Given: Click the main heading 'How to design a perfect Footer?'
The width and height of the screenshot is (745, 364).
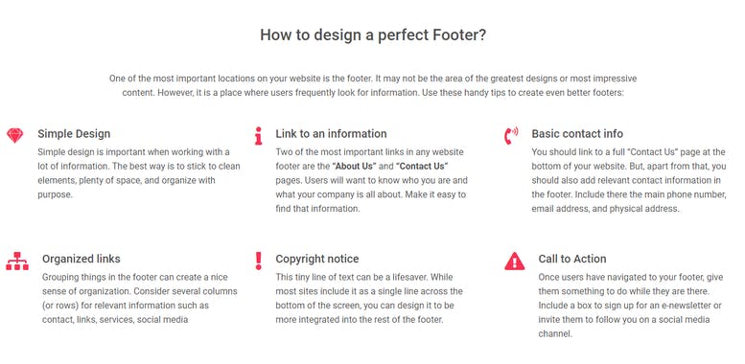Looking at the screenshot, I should pyautogui.click(x=372, y=34).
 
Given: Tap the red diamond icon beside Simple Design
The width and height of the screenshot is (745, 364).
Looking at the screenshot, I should pyautogui.click(x=13, y=135).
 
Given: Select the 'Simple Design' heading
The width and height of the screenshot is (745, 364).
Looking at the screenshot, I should pyautogui.click(x=74, y=134).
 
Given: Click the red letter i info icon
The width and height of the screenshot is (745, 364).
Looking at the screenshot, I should pyautogui.click(x=258, y=135).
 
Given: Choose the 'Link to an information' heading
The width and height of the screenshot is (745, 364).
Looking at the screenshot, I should pyautogui.click(x=331, y=134).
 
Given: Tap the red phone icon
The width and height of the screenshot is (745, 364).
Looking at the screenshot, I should pyautogui.click(x=511, y=135).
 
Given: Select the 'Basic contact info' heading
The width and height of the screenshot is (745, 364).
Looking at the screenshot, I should pyautogui.click(x=577, y=134).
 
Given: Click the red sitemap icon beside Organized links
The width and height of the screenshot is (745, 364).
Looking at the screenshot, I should pyautogui.click(x=16, y=260).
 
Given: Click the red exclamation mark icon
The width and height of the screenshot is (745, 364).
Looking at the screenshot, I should pyautogui.click(x=258, y=260).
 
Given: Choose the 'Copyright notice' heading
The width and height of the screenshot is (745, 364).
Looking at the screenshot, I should pyautogui.click(x=317, y=259).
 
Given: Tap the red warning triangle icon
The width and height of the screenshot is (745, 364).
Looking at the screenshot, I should pyautogui.click(x=515, y=260).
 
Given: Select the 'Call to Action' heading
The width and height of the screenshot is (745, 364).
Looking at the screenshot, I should pyautogui.click(x=572, y=259).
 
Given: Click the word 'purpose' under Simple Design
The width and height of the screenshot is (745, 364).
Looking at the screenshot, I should pyautogui.click(x=56, y=194).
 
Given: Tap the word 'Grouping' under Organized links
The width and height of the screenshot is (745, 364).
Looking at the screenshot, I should pyautogui.click(x=64, y=276).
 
